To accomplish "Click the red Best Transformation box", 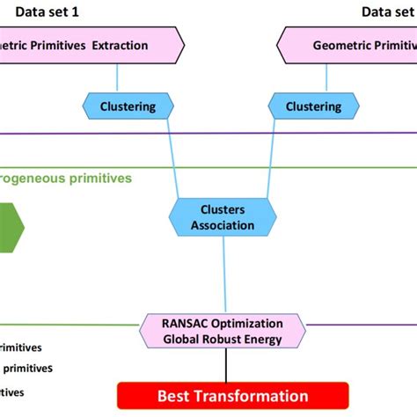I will click(x=232, y=395).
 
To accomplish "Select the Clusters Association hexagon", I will click(x=223, y=218).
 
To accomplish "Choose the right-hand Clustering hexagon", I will click(x=314, y=106).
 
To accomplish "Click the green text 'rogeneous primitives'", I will click(x=66, y=178).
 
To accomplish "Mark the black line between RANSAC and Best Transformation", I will click(x=227, y=366).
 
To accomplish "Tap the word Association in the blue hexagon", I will click(x=223, y=225).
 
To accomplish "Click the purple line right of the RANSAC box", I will click(x=361, y=325).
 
